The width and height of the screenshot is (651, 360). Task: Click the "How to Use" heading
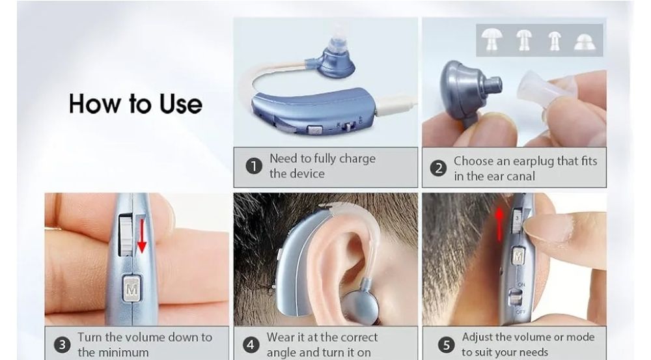click(x=135, y=104)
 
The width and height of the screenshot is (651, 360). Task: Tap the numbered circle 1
click(x=254, y=167)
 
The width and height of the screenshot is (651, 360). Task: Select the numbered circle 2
click(x=438, y=169)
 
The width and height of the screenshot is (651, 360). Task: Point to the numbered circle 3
click(x=62, y=344)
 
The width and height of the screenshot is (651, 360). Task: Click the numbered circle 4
click(x=251, y=345)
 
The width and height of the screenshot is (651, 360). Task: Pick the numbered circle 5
click(x=447, y=345)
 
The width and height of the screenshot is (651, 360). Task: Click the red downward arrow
click(x=141, y=236)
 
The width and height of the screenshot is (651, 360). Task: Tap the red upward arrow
click(x=499, y=224)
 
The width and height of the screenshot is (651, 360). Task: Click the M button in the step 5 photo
click(x=518, y=256)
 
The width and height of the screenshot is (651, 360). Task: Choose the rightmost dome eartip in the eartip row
click(x=585, y=42)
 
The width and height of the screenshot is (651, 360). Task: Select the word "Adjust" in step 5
click(x=477, y=337)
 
